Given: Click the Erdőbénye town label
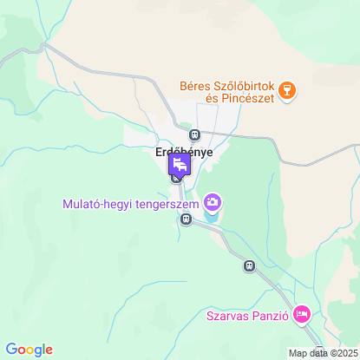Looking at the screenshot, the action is pyautogui.click(x=182, y=152).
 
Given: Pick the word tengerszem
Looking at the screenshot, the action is pyautogui.click(x=165, y=206).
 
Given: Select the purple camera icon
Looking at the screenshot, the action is pyautogui.click(x=213, y=204).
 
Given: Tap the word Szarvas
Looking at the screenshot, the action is pyautogui.click(x=229, y=316).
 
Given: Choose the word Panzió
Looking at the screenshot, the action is pyautogui.click(x=271, y=316).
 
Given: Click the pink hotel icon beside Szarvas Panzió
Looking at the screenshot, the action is pyautogui.click(x=301, y=313).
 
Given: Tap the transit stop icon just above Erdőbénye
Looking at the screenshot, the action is pyautogui.click(x=195, y=135).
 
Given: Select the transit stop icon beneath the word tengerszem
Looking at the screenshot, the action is pyautogui.click(x=185, y=220).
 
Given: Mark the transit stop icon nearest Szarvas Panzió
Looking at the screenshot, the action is pyautogui.click(x=250, y=265).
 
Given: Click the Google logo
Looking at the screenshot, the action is pyautogui.click(x=29, y=350).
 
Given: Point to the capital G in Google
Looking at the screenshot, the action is pyautogui.click(x=10, y=349).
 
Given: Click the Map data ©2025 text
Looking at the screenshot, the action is pyautogui.click(x=322, y=353).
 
